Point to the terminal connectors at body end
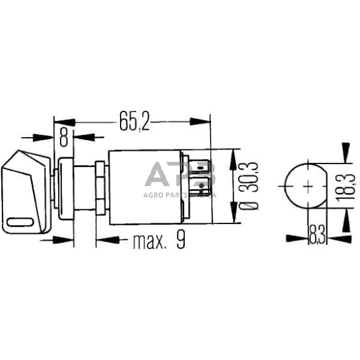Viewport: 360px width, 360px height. point(204,179)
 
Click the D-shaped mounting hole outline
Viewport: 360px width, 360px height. point(304,184)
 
